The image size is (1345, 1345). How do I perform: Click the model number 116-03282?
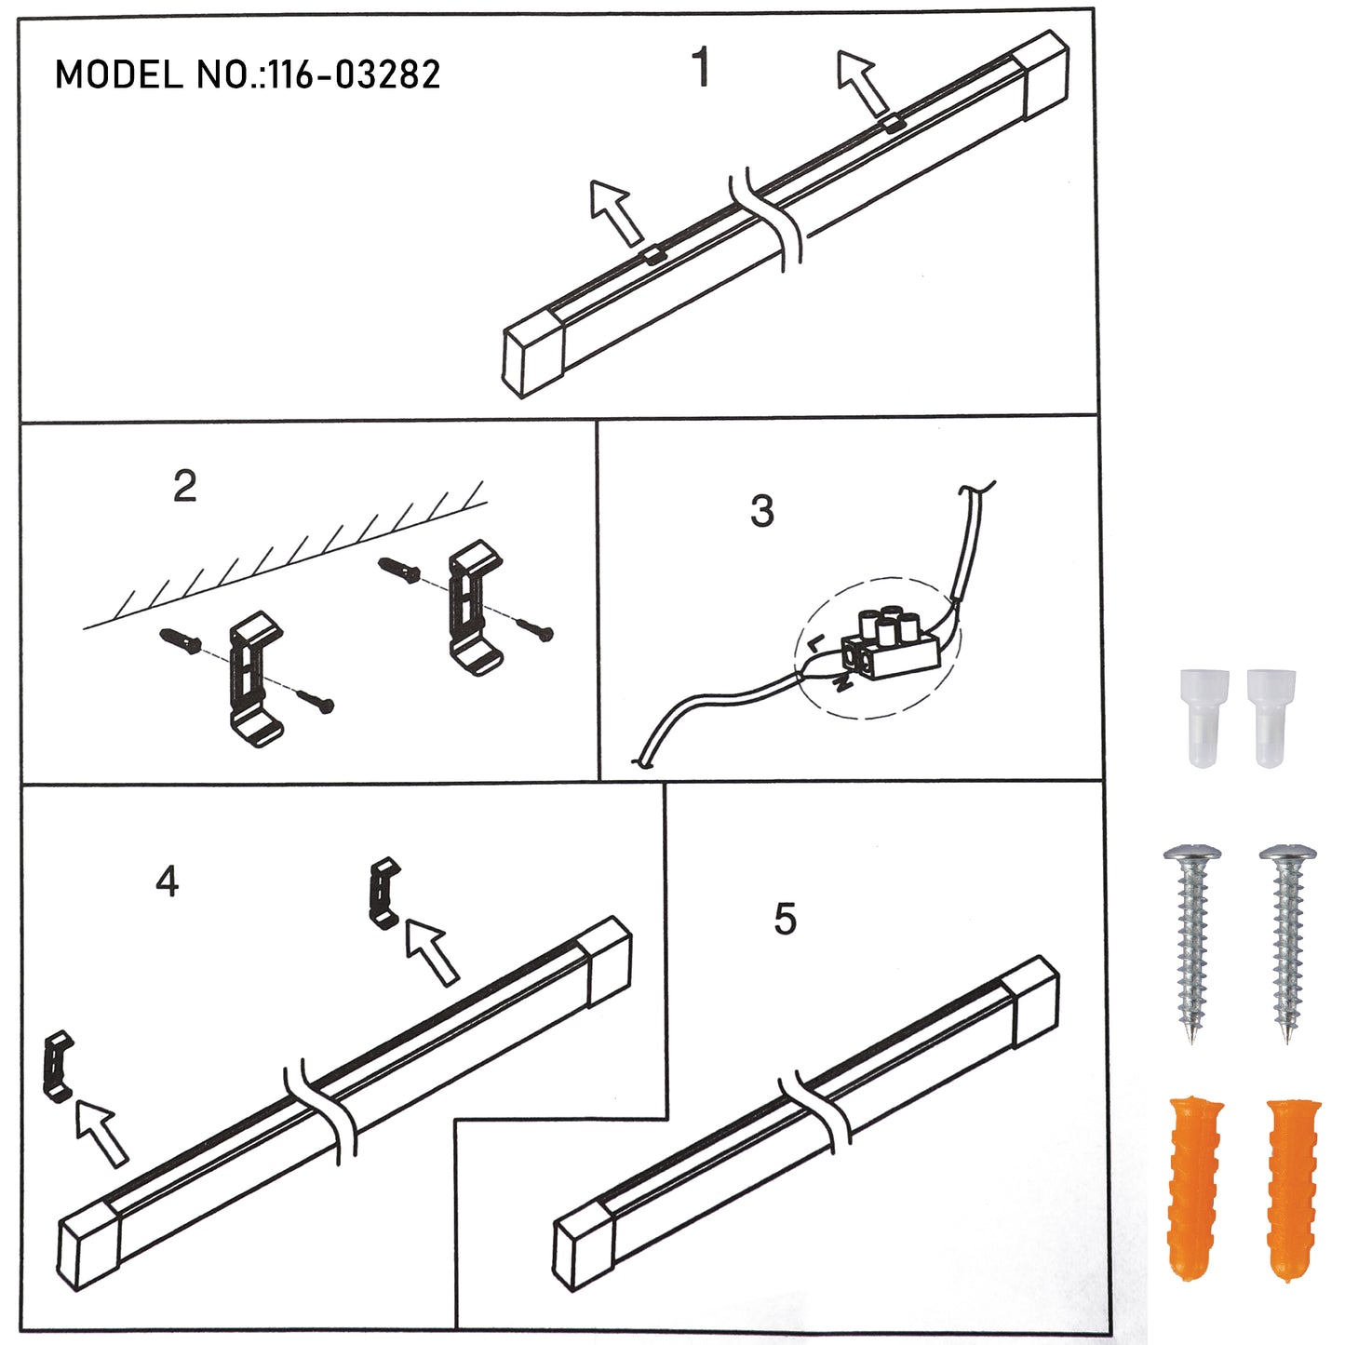354,74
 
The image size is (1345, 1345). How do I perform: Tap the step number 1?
702,67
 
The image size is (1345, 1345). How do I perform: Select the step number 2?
185,486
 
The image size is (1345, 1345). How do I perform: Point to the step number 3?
762,510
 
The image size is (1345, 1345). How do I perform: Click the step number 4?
167,881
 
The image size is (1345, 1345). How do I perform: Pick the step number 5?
786,919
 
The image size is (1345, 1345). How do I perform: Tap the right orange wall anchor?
1293,1182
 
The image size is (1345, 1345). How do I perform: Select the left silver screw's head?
1192,854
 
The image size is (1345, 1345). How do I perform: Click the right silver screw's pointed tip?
1288,1042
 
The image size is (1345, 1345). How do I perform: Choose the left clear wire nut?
1204,719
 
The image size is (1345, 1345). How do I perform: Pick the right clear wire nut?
1271,719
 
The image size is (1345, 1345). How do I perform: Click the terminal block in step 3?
890,646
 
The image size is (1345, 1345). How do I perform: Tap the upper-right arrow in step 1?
862,82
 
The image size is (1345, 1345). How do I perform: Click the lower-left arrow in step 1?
615,213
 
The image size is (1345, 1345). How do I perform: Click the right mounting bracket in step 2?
476,607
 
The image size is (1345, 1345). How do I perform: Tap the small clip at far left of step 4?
59,1066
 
